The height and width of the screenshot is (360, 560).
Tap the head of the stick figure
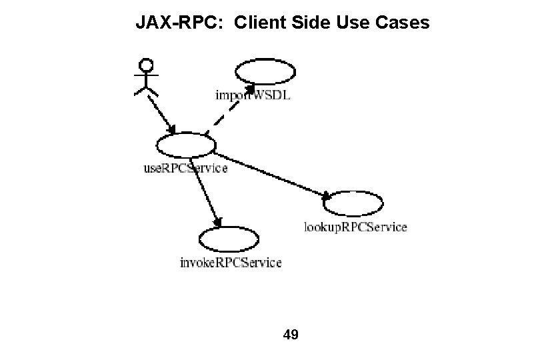coord(146,65)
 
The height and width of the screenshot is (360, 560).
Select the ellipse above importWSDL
coord(265,72)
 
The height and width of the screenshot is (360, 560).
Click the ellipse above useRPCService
coord(186,145)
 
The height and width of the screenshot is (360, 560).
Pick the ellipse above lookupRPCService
coord(354,203)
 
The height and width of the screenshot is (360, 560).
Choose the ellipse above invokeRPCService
coord(229,239)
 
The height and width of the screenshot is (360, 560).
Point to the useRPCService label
coord(186,169)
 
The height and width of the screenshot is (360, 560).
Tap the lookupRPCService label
coord(355,227)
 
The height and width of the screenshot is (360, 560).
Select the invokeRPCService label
coord(231,263)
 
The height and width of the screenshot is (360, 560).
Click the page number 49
coord(291,334)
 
